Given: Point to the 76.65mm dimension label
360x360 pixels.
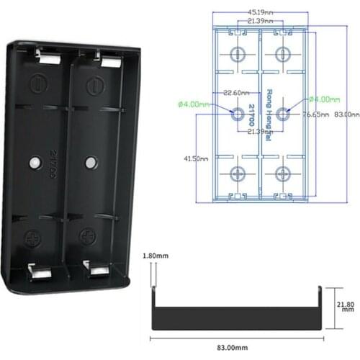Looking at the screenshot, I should [315, 114].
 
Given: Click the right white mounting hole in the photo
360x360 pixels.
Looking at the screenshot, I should [91, 161].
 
